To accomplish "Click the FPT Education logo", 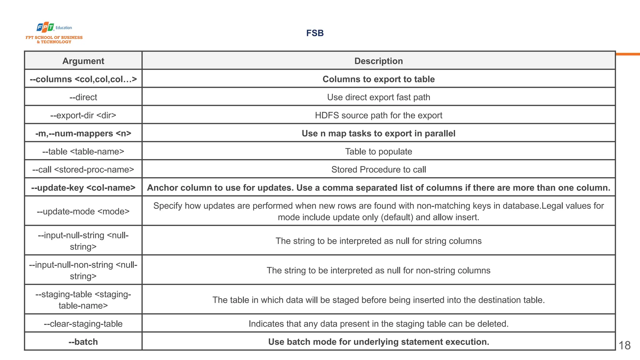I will coord(54,32).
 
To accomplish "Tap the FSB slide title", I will coord(315,33).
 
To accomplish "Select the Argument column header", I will coord(83,61).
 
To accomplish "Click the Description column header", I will coord(378,61).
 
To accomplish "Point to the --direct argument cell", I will coord(83,97).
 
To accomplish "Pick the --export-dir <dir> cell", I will coord(83,115).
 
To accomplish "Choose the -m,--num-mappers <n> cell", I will coord(83,133).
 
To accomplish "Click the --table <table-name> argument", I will coord(83,152).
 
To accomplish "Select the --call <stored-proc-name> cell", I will coord(83,169).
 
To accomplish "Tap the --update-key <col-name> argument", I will coord(83,187).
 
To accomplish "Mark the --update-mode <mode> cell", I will coord(83,211).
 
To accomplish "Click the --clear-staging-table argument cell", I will coord(83,324).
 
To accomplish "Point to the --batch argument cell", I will coord(83,342).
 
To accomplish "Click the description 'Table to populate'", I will coord(378,152).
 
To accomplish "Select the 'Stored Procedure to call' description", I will coord(378,169).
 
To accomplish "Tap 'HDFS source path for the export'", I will coord(378,115).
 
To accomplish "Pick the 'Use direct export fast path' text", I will coord(378,97).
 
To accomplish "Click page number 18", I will coord(624,345).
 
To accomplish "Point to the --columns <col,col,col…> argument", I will coord(83,79).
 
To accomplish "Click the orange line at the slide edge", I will coord(628,54).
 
